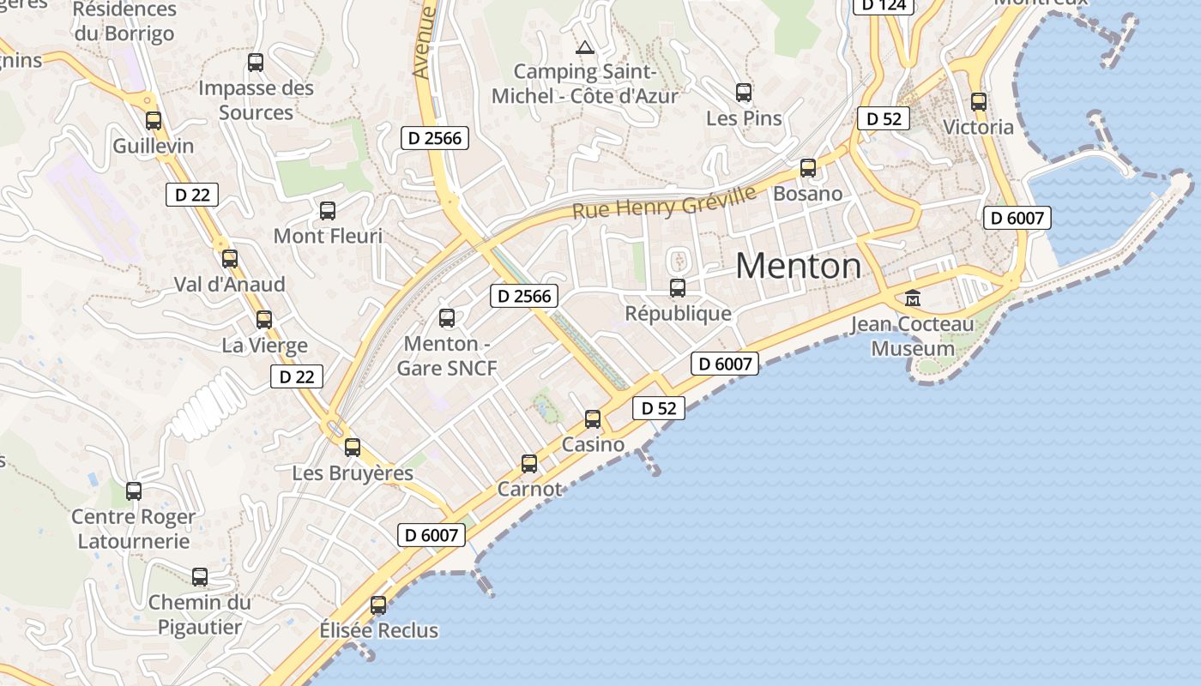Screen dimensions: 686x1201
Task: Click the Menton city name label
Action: click(x=798, y=266)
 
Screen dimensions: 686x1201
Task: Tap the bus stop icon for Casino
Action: click(x=593, y=419)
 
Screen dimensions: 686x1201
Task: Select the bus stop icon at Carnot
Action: click(x=529, y=464)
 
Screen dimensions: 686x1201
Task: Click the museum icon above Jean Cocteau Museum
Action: click(x=913, y=298)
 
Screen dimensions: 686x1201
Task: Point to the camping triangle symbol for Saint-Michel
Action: click(x=585, y=47)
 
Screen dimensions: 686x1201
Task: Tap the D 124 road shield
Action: click(x=884, y=5)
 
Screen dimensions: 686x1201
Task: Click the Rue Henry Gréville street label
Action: click(x=664, y=203)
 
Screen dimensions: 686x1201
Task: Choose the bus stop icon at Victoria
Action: click(x=979, y=102)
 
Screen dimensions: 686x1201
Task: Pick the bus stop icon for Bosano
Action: click(x=808, y=168)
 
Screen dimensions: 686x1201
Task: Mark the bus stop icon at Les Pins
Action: click(x=744, y=93)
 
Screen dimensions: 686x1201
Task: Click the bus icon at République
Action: click(x=678, y=288)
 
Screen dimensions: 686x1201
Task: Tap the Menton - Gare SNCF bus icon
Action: click(x=447, y=318)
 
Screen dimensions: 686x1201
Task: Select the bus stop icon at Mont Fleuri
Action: click(x=328, y=211)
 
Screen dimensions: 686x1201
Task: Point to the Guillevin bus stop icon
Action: click(x=154, y=121)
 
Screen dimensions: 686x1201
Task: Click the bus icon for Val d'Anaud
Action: click(x=230, y=259)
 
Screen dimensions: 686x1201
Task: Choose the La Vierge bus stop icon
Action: click(x=264, y=320)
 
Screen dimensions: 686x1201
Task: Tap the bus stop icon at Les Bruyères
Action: click(x=353, y=448)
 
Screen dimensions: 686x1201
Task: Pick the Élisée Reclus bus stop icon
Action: click(x=378, y=605)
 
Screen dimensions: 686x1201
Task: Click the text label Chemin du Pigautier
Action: click(x=200, y=615)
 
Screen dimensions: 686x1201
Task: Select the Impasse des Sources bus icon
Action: click(x=256, y=63)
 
